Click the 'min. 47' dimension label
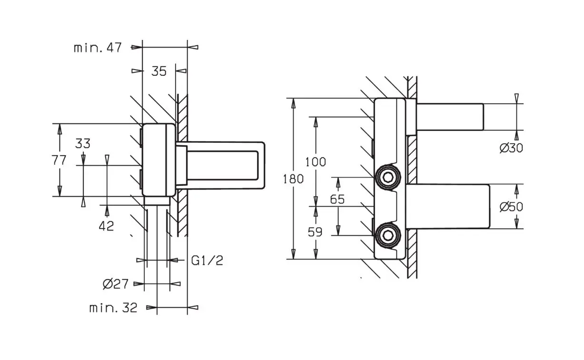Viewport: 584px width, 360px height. coord(98,48)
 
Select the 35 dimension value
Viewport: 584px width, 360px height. coord(159,71)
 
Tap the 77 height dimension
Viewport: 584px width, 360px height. coord(59,160)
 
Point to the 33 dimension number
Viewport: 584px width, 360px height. coord(83,143)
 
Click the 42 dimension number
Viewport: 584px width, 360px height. coord(106,226)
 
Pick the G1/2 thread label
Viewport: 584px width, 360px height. coord(207,260)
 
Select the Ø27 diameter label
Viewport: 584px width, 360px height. coord(116,284)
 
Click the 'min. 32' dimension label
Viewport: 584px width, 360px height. coord(113,308)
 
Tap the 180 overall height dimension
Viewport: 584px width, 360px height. coord(293,179)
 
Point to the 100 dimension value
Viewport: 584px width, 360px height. coord(316,162)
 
